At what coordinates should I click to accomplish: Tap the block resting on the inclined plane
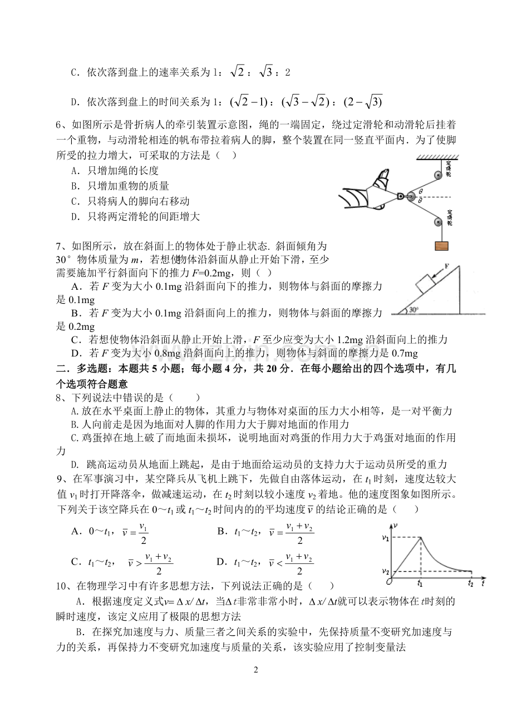tap(427, 283)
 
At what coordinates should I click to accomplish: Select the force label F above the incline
tap(447, 266)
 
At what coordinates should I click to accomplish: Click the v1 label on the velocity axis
tap(384, 537)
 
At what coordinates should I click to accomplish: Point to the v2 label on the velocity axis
tap(384, 571)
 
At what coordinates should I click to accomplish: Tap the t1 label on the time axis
tap(420, 583)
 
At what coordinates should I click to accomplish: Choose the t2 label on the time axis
tap(471, 583)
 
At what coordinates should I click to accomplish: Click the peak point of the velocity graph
tap(421, 537)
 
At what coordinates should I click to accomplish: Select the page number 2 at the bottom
tap(256, 670)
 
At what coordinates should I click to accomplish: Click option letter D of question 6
tap(75, 217)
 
